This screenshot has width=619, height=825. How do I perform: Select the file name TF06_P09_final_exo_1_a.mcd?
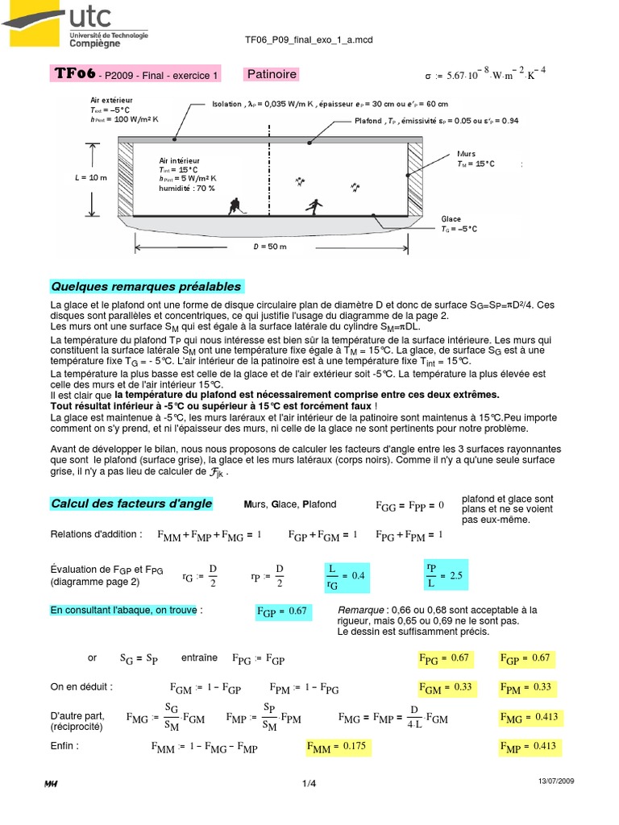point(308,39)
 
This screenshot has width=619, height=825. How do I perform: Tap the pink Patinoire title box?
point(272,75)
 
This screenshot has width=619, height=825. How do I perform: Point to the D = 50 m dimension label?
point(270,247)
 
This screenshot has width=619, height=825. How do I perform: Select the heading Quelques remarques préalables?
point(146,287)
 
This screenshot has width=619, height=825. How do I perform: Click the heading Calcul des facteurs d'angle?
point(131,504)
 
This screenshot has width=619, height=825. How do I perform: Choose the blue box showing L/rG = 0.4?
point(346,576)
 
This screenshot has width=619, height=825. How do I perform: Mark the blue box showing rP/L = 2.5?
point(445,576)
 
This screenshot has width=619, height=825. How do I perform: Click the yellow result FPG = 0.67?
point(444,659)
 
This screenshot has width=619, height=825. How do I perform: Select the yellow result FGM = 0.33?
point(444,688)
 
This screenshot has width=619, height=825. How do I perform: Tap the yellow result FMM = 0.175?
point(337,747)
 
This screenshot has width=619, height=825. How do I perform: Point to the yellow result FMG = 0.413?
point(529,717)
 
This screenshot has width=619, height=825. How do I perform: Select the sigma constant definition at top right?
point(485,76)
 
